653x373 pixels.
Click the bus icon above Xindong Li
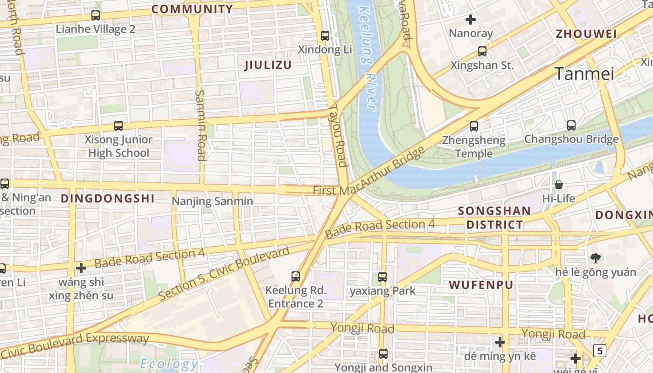[x=325, y=35]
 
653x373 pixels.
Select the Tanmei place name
[x=584, y=74]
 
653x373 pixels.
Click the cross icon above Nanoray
[x=471, y=20]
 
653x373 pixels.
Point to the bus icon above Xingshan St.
[x=482, y=51]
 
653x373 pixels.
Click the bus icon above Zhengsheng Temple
[x=474, y=126]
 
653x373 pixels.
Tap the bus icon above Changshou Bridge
[x=571, y=125]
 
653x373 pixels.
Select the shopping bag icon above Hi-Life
[x=558, y=185]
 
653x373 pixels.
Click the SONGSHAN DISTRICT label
[x=494, y=218]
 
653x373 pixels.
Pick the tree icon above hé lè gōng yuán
[x=595, y=258]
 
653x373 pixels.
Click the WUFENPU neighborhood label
[x=481, y=284]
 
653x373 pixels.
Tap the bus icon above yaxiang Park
[x=382, y=277]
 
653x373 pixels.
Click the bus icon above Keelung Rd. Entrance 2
[x=296, y=276]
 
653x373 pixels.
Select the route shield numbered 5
[x=599, y=350]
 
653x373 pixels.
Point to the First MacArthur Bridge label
[x=368, y=173]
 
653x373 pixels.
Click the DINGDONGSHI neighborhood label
[x=107, y=198]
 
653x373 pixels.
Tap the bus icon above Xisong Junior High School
[x=118, y=126]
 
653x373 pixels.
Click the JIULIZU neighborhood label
[x=268, y=65]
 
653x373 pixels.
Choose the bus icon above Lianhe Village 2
[x=96, y=15]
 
